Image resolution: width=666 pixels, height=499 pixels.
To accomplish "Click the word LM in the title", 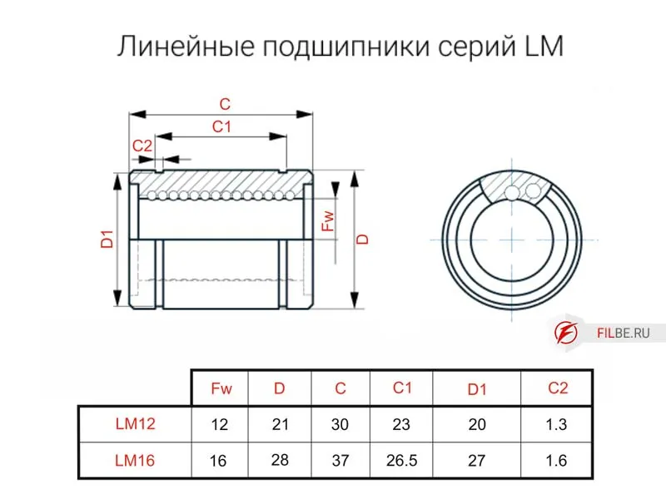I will tap(544, 47).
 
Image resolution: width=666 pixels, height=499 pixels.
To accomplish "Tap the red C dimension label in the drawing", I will tap(224, 105).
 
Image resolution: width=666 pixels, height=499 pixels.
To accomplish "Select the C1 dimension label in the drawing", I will tap(221, 126).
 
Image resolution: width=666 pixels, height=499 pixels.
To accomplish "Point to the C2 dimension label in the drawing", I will tap(142, 146).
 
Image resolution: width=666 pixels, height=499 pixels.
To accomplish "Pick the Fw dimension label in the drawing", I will tap(328, 221).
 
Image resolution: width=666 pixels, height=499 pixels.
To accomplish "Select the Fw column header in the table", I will tap(221, 388).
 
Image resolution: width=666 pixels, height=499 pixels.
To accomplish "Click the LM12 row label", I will tap(135, 423).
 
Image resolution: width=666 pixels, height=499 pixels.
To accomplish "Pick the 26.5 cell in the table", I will tap(402, 460).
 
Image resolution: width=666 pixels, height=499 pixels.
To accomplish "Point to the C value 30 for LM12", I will tap(340, 424).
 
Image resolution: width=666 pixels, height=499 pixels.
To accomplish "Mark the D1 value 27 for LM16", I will tap(477, 460).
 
